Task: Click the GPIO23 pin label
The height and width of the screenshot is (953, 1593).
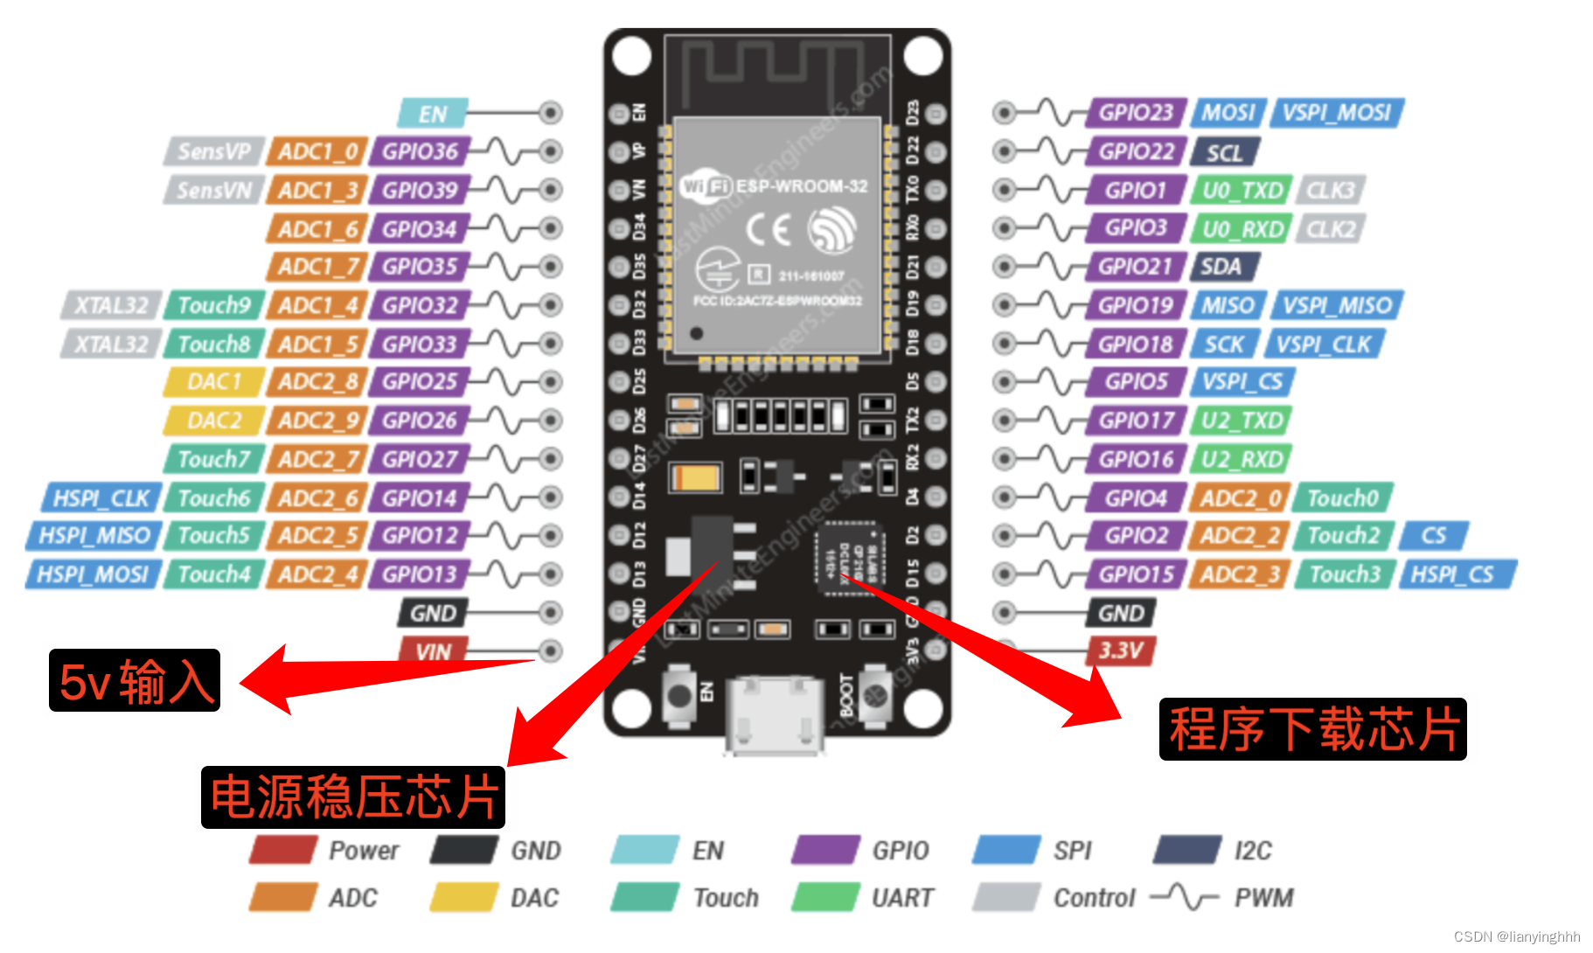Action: pyautogui.click(x=1135, y=113)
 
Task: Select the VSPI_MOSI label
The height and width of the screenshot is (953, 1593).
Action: pyautogui.click(x=1336, y=113)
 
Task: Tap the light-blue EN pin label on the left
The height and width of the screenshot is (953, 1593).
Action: pyautogui.click(x=432, y=114)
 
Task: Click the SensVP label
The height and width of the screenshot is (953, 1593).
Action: pyautogui.click(x=213, y=151)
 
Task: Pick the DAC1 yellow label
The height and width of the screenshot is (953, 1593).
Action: pyautogui.click(x=213, y=382)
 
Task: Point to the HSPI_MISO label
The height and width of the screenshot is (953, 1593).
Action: pyautogui.click(x=94, y=535)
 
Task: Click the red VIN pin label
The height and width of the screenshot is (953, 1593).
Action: pyautogui.click(x=433, y=651)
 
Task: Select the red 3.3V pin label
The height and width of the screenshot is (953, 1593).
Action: pyautogui.click(x=1121, y=650)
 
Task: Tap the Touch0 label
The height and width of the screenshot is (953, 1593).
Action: pyautogui.click(x=1342, y=497)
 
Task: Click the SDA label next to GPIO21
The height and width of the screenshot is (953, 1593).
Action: pyautogui.click(x=1222, y=267)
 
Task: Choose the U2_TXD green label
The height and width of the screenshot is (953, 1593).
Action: pyautogui.click(x=1242, y=421)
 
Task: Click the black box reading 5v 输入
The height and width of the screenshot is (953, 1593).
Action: pyautogui.click(x=135, y=680)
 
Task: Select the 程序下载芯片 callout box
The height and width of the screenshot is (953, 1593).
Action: pyautogui.click(x=1312, y=729)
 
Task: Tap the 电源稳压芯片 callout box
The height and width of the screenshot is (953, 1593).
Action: pyautogui.click(x=353, y=796)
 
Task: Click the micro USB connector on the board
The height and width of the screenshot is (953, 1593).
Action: pyautogui.click(x=774, y=713)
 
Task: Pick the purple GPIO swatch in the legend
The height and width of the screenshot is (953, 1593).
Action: pyautogui.click(x=824, y=850)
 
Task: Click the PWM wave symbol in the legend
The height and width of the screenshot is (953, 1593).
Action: pyautogui.click(x=1184, y=897)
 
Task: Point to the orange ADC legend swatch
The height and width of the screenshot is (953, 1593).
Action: pyautogui.click(x=282, y=897)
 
